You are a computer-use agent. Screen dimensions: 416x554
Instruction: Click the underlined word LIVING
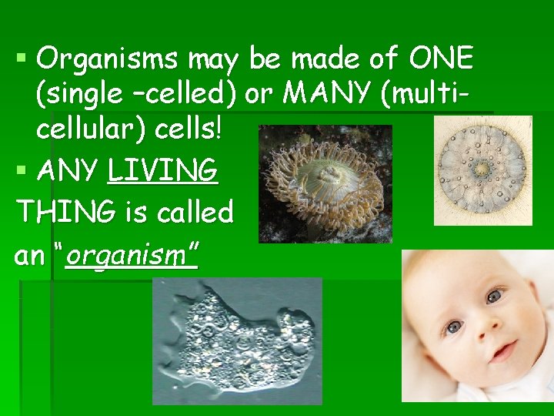click(x=163, y=170)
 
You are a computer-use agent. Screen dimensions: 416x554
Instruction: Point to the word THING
click(x=61, y=211)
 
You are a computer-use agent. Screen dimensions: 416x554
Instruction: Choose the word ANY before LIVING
click(x=69, y=170)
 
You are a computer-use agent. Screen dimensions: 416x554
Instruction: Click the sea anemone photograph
click(x=325, y=184)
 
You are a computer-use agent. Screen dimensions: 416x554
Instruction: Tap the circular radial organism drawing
click(x=482, y=170)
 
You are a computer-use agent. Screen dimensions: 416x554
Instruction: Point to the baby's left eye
click(x=493, y=296)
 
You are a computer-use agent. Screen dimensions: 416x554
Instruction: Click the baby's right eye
click(x=454, y=327)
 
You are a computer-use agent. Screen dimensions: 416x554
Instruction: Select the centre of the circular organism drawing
click(x=482, y=168)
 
